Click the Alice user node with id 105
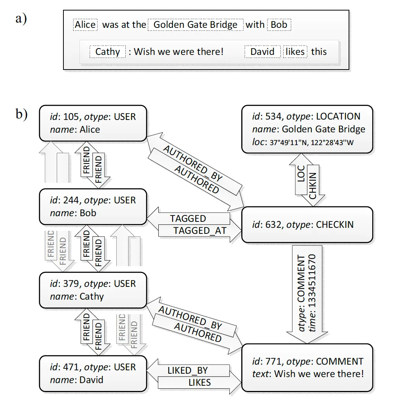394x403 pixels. [93, 123]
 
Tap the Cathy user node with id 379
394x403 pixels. [93, 290]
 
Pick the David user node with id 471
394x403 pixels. [93, 374]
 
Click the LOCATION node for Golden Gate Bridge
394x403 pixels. [307, 129]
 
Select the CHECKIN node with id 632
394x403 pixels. [307, 224]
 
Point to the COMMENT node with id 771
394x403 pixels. [307, 368]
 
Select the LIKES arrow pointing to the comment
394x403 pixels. [199, 383]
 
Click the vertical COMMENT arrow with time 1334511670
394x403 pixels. [307, 293]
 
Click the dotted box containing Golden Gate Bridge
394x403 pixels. [195, 25]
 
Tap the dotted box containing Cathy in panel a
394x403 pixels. [107, 52]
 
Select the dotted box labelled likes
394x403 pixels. [295, 52]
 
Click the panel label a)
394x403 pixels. [21, 18]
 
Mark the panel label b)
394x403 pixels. [21, 114]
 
